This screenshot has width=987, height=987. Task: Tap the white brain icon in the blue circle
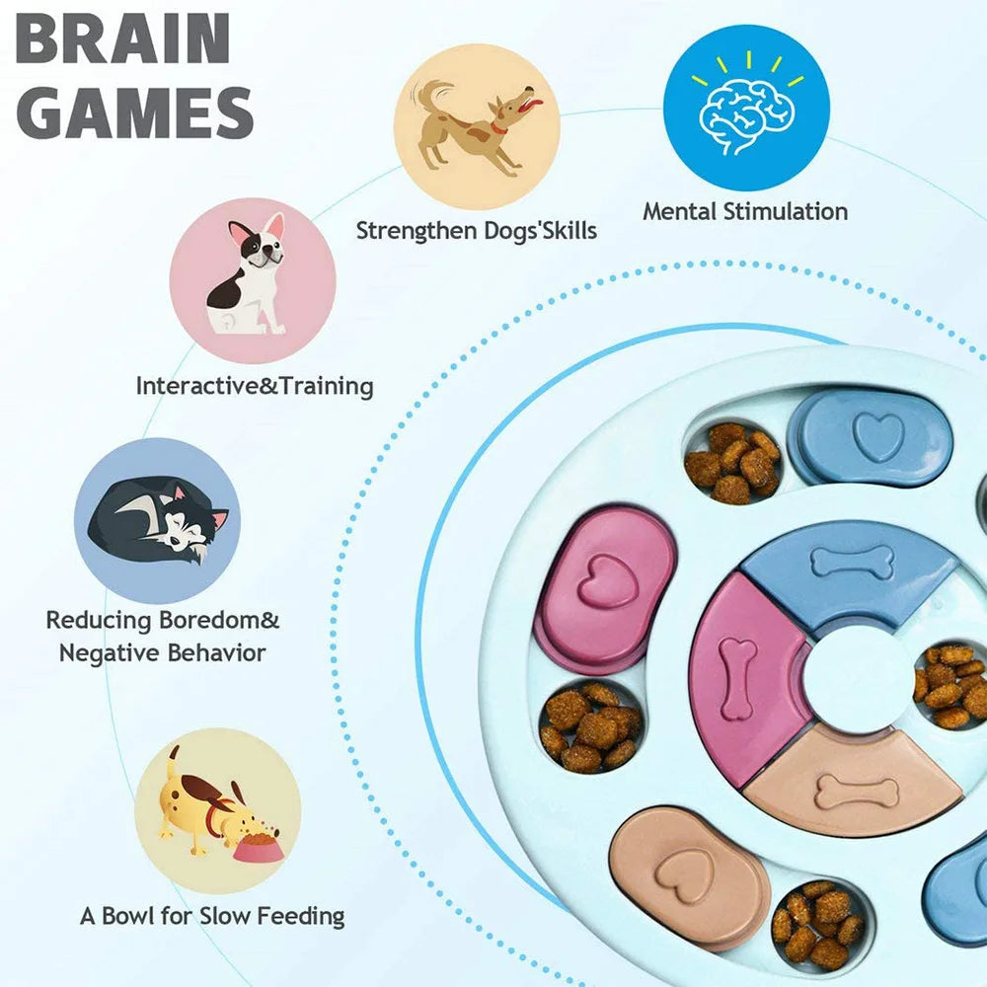[745, 112]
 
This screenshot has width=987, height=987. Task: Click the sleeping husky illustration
[158, 518]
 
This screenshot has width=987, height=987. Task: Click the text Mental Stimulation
[745, 211]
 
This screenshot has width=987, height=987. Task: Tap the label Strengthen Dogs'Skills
[476, 231]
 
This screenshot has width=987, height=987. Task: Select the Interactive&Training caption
[255, 385]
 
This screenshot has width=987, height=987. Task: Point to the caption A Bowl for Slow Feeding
[212, 916]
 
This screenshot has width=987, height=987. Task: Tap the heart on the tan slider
[692, 870]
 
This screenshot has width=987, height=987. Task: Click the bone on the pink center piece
[737, 677]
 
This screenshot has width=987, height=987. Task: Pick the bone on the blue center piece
[852, 564]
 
